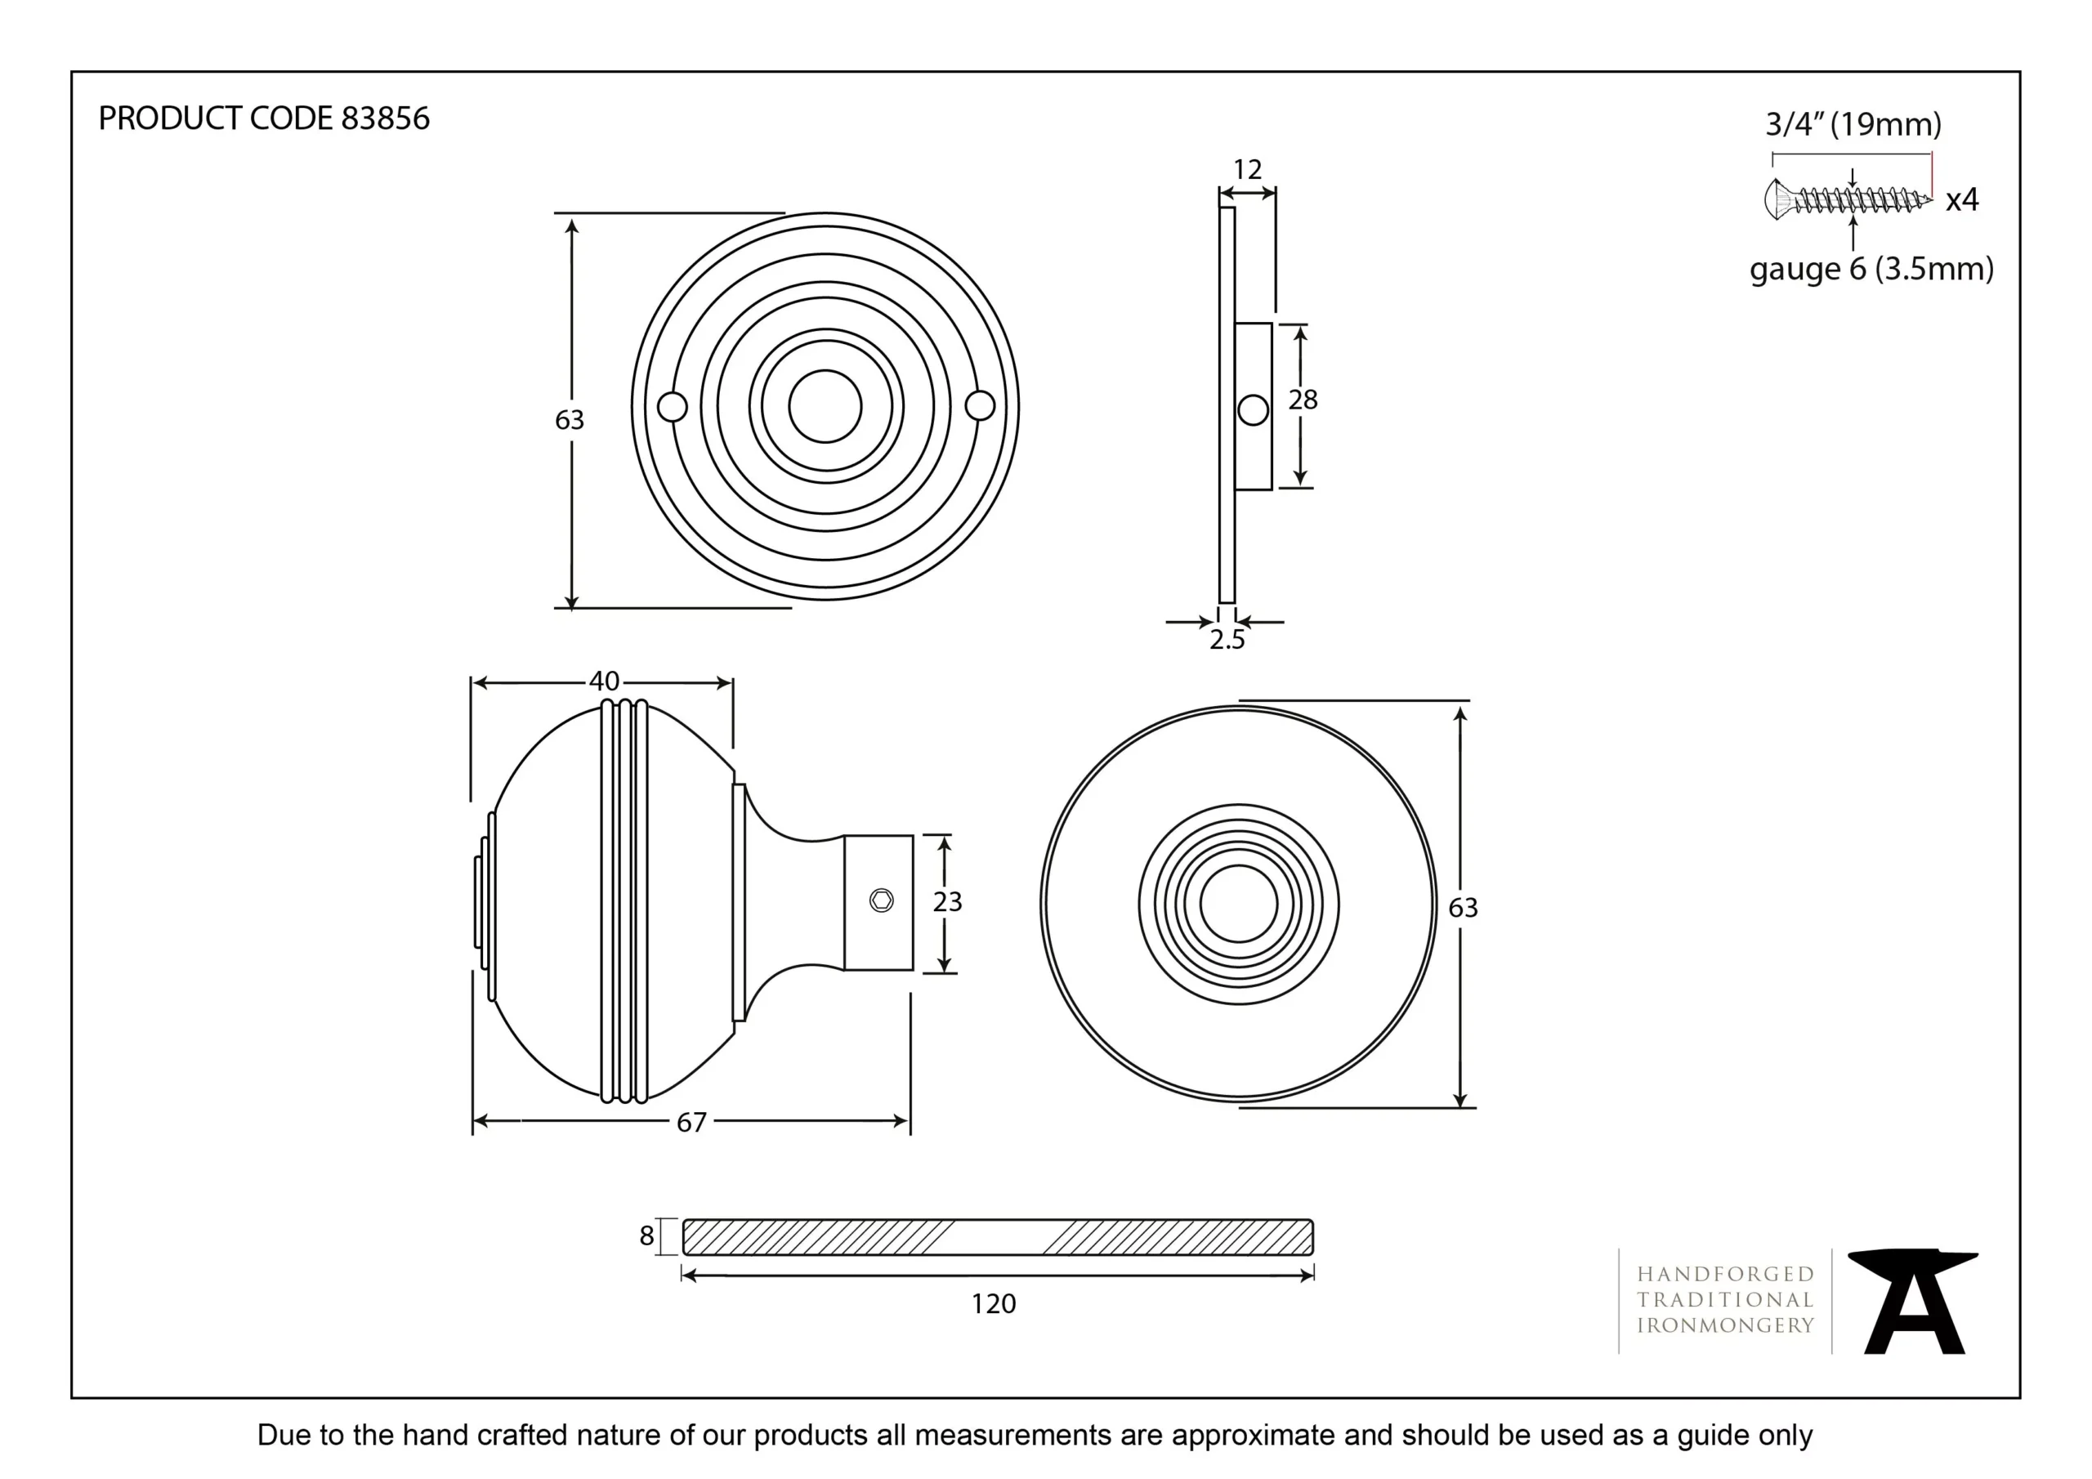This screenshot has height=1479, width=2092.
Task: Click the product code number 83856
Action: [385, 118]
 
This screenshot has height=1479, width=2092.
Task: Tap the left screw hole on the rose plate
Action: [673, 406]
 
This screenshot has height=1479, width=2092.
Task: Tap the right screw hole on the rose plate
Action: [980, 405]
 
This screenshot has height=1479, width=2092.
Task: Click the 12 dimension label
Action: [1246, 169]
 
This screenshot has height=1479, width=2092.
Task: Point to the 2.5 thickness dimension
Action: [1227, 640]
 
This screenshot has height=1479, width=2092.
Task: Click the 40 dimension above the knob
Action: [603, 681]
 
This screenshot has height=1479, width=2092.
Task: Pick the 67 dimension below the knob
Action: [691, 1122]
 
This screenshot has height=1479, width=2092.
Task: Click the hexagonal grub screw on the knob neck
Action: [881, 900]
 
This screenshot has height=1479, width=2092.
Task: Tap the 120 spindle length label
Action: [993, 1304]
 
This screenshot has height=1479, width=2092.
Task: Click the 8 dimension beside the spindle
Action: [646, 1235]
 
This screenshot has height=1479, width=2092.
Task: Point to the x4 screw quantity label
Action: [1962, 199]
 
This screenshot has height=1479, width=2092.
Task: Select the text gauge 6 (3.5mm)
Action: [1871, 269]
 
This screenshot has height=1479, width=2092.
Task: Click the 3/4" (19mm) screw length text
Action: [1853, 124]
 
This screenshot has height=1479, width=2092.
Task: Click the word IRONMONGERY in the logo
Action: [1725, 1325]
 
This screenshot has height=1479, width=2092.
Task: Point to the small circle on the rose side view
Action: [1254, 410]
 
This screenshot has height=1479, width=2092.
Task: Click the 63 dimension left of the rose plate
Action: [570, 419]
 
